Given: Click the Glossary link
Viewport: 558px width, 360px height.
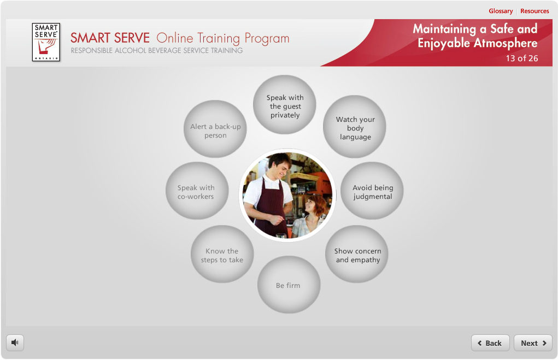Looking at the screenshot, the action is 501,11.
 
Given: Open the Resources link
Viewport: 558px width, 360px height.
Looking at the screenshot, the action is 534,11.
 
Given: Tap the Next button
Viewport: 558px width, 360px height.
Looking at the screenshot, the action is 533,343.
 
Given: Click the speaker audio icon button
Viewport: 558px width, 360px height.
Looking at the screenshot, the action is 15,343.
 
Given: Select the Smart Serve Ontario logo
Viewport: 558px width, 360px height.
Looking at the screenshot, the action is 46,42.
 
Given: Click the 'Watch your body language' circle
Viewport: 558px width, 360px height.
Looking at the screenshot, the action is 355,127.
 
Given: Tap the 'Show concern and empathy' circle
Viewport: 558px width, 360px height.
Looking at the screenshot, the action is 357,255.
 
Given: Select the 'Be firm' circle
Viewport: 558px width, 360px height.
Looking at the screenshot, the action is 289,285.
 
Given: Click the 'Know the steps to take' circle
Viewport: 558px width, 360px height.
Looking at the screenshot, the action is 222,255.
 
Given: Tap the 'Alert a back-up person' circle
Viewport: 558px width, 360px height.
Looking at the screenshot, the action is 215,129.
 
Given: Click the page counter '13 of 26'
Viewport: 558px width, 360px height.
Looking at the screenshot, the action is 522,58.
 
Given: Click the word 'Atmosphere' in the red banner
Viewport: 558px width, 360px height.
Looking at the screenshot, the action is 506,43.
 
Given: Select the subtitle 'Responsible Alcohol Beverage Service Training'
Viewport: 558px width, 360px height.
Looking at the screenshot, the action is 157,50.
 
